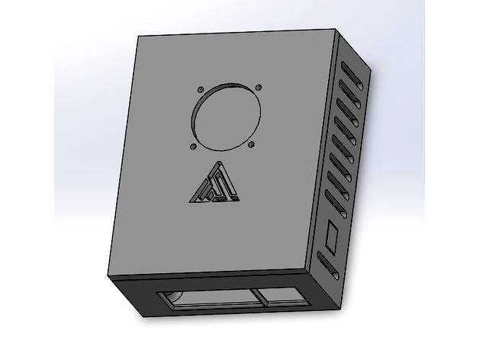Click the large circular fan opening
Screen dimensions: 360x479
[227, 115]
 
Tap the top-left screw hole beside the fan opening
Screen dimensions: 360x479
[199, 88]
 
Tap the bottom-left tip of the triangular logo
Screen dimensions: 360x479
[189, 202]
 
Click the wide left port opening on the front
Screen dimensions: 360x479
[203, 300]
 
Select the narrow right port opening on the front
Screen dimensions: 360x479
[281, 299]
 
